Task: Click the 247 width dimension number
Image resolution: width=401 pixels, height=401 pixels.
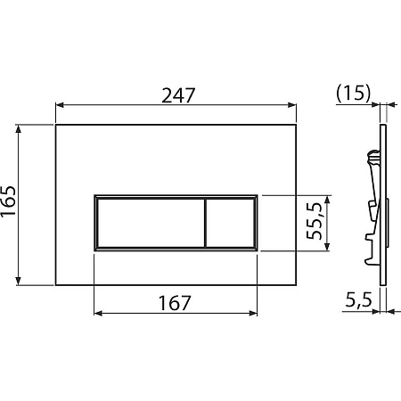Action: [x=178, y=95]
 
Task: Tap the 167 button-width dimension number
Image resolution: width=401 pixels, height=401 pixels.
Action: [x=175, y=303]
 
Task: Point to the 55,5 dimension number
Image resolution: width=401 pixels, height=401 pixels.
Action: [x=315, y=221]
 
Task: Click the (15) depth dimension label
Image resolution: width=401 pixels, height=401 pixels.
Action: [x=354, y=93]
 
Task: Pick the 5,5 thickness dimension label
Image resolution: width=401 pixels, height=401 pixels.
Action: [x=358, y=300]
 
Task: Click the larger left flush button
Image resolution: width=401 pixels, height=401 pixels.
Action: [x=151, y=223]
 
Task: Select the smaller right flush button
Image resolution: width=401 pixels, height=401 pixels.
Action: [x=230, y=223]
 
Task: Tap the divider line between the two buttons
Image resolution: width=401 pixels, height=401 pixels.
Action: [x=205, y=223]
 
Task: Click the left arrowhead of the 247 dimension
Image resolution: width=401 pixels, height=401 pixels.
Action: [x=60, y=105]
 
